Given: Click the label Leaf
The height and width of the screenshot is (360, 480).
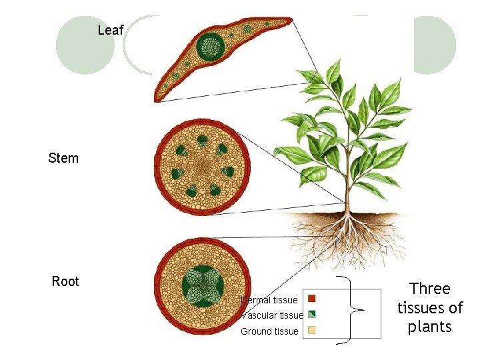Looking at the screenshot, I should coord(110,30).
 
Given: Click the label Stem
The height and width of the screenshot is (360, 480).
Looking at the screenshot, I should coord(63,158).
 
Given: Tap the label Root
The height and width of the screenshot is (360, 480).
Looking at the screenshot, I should coord(65,281).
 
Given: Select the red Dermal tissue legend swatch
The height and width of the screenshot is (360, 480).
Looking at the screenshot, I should coord(311,299).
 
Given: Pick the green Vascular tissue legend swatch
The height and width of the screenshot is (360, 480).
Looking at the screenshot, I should coord(311,315).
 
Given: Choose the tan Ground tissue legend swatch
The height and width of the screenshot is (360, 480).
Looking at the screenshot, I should coord(311,331).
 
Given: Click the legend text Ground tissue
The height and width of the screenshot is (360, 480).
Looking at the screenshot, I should coord(269,331).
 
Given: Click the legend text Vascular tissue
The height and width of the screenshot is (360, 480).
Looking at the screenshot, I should coord(272,315).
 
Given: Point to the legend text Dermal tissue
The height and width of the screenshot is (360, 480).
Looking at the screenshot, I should coord(269,300).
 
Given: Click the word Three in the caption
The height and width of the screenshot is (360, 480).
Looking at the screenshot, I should coord(430,289).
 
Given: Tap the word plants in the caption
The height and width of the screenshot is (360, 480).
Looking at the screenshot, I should coord(430,327).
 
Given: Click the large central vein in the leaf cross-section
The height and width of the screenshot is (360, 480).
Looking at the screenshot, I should coord(213,46).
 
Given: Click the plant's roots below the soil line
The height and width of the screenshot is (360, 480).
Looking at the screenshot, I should coord(347,240).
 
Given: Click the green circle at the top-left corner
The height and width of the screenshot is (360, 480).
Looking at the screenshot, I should coord(85,45).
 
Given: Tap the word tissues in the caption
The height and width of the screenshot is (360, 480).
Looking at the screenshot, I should coord(430,308).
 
